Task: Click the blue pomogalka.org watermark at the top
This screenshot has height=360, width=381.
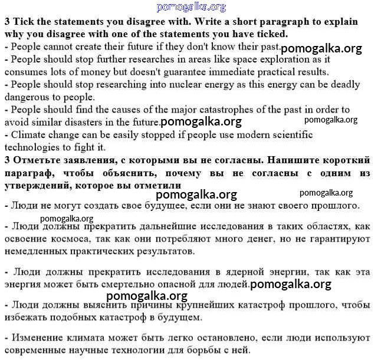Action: point(191,7)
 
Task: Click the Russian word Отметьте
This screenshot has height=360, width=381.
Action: point(35,160)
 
